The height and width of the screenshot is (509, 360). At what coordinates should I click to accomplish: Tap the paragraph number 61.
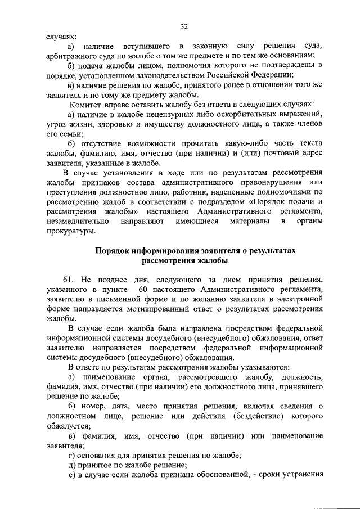click(69, 280)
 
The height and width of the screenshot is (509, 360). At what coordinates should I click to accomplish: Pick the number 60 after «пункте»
click(143, 289)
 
